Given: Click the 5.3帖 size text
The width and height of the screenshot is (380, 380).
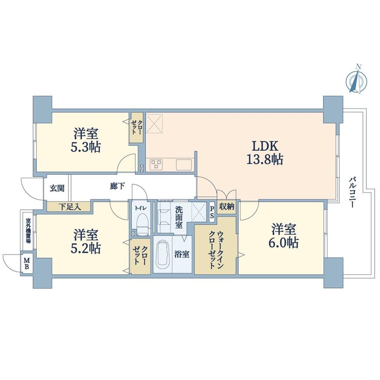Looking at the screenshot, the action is click(x=86, y=147).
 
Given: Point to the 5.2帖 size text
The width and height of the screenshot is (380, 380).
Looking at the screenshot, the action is click(x=86, y=247).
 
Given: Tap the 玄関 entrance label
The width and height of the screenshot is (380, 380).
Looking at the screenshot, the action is click(x=57, y=189).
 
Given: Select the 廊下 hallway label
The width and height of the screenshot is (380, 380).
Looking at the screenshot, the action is click(x=117, y=187).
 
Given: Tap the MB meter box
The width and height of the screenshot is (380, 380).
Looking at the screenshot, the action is click(x=26, y=263).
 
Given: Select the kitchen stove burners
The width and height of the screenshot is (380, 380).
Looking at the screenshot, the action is click(x=156, y=164).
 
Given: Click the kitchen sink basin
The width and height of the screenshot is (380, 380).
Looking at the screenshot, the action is click(x=183, y=164).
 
